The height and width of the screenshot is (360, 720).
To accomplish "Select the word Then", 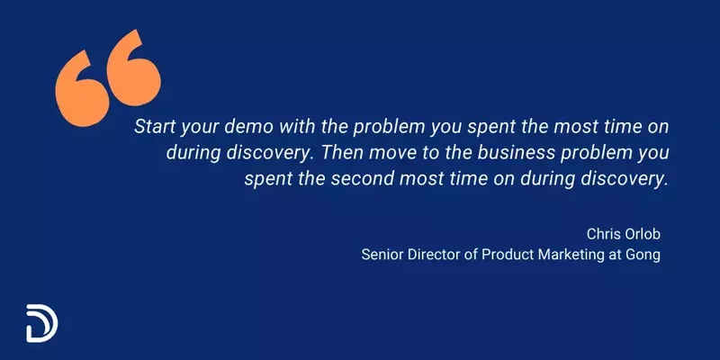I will (x=360, y=152).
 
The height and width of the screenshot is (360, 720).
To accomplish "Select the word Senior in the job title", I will (x=382, y=255).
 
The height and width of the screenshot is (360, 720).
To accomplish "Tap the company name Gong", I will (x=644, y=255).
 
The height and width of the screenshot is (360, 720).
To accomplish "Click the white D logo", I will (x=39, y=321).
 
